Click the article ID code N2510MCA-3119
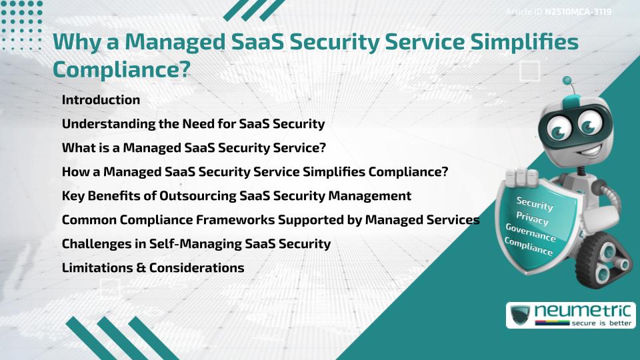coord(578,11)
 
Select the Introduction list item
coord(101,100)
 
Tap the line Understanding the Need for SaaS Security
coord(193,124)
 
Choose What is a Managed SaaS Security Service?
coord(193,148)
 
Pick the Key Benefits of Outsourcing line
coord(236,196)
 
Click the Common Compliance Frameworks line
coord(270,220)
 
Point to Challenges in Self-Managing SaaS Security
coord(196,244)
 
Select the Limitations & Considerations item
coord(153,268)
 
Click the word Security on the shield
coord(535,203)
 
